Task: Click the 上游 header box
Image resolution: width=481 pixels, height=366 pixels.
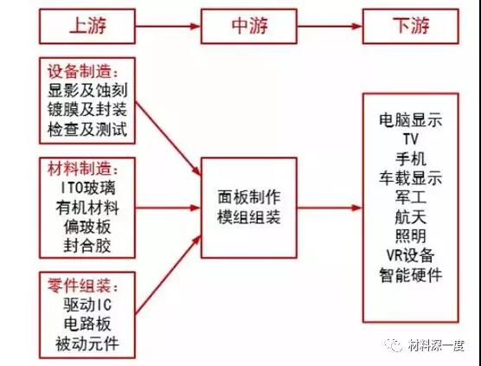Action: pyautogui.click(x=87, y=26)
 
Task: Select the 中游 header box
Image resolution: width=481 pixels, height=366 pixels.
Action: pyautogui.click(x=249, y=26)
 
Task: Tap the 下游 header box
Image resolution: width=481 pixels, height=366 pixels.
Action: pyautogui.click(x=411, y=26)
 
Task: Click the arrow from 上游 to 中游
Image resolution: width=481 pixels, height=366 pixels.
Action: pyautogui.click(x=168, y=26)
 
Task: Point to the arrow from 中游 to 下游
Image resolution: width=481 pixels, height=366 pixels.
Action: pyautogui.click(x=330, y=26)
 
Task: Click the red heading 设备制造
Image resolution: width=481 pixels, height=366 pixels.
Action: pyautogui.click(x=80, y=72)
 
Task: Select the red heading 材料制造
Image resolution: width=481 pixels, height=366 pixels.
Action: pyautogui.click(x=80, y=169)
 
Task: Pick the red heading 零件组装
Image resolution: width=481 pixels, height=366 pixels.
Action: pyautogui.click(x=80, y=285)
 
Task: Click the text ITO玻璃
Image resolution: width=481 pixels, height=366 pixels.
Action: pyautogui.click(x=87, y=188)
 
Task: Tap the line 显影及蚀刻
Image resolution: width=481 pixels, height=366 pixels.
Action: pyautogui.click(x=87, y=91)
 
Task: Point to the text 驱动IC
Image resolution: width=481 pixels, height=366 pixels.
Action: pyautogui.click(x=87, y=305)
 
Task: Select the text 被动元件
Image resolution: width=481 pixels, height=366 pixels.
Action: pyautogui.click(x=87, y=343)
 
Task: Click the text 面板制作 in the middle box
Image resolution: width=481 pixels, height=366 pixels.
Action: pyautogui.click(x=249, y=197)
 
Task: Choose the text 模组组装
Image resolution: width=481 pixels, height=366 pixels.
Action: pyautogui.click(x=249, y=217)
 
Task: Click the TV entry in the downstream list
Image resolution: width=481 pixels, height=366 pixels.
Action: pyautogui.click(x=411, y=139)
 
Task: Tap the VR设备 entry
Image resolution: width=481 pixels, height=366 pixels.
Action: pyautogui.click(x=411, y=255)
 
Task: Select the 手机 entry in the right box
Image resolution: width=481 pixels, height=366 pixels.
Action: pyautogui.click(x=411, y=159)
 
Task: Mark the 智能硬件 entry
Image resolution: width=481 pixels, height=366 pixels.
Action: pyautogui.click(x=411, y=275)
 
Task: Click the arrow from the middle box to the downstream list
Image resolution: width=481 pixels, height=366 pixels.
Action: pyautogui.click(x=330, y=208)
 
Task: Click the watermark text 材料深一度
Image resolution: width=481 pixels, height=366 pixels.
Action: pyautogui.click(x=436, y=345)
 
